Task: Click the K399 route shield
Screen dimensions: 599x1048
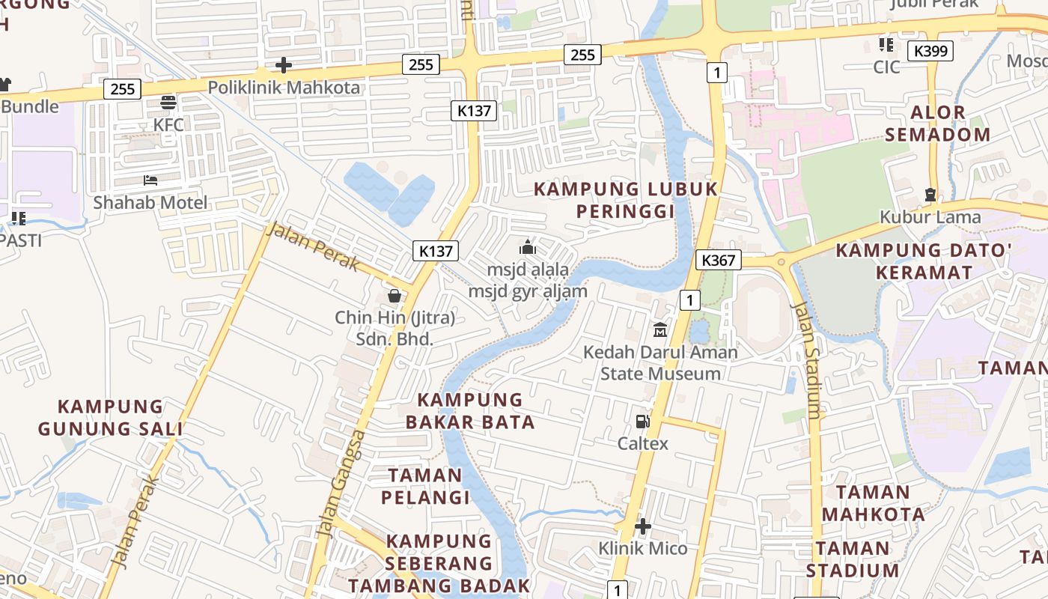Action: click(x=930, y=51)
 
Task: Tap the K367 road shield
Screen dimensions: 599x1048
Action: click(x=718, y=260)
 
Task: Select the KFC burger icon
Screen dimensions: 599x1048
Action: click(x=168, y=103)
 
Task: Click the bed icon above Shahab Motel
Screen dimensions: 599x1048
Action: click(x=150, y=180)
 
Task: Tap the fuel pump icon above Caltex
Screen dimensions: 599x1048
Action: click(x=642, y=422)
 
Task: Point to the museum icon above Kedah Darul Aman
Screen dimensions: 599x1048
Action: click(x=660, y=329)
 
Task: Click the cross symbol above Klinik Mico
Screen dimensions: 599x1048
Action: click(x=642, y=526)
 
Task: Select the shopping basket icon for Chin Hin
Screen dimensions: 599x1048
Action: click(x=394, y=297)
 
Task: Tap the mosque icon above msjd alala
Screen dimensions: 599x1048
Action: click(x=528, y=246)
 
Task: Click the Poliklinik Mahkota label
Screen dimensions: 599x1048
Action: click(x=284, y=88)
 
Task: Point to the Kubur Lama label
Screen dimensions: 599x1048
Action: click(x=930, y=217)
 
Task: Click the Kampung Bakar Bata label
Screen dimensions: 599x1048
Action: click(x=471, y=410)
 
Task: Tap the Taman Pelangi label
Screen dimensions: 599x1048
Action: click(x=425, y=486)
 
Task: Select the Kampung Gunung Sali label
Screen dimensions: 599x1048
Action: click(x=110, y=418)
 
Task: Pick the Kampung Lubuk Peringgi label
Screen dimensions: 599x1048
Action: click(x=626, y=200)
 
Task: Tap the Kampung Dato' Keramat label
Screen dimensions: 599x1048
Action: click(x=924, y=261)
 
